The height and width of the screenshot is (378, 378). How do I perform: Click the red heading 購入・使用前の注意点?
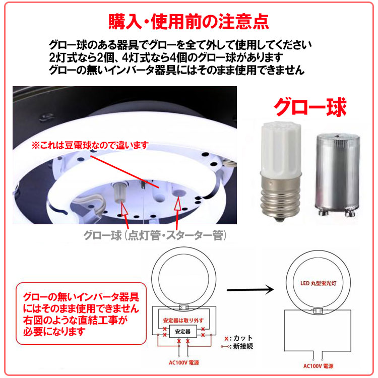(x=189, y=22)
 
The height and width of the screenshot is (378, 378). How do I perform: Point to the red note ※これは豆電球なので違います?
(x=90, y=145)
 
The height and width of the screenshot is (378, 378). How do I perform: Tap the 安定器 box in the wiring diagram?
(x=182, y=332)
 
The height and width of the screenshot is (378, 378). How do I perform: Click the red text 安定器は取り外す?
(x=182, y=320)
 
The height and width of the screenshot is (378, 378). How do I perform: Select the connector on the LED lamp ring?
(x=318, y=310)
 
